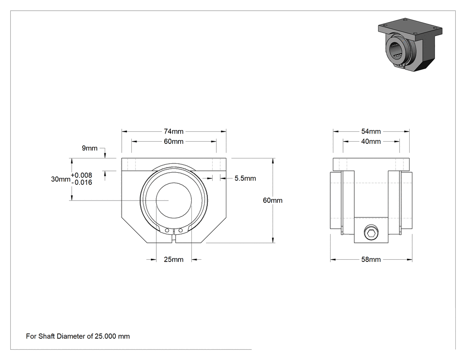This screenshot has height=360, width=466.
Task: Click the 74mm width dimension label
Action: (174, 131)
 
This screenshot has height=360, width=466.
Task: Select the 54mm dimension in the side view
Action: (371, 131)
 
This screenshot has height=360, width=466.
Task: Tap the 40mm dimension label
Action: (371, 142)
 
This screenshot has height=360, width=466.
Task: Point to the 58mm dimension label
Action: (371, 260)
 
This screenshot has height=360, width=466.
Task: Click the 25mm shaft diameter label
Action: (174, 260)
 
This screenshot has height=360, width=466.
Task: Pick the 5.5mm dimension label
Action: (245, 178)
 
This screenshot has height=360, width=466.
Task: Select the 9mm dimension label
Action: (90, 148)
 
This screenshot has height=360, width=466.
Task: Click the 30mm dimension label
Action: (61, 179)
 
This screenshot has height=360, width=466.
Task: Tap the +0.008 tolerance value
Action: (81, 175)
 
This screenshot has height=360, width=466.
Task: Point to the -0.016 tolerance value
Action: (82, 182)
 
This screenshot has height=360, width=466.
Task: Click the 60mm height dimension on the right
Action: (272, 200)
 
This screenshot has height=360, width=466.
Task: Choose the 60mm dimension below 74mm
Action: (174, 142)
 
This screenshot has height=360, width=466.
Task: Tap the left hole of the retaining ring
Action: (167, 231)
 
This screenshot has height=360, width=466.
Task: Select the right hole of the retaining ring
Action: (180, 230)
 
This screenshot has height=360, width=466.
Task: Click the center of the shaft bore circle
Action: (174, 200)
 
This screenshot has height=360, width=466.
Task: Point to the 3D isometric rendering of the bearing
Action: (410, 44)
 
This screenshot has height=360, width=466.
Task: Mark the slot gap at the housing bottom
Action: (174, 239)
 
